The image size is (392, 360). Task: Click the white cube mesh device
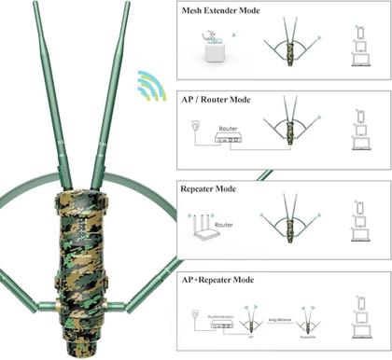click(x=216, y=49)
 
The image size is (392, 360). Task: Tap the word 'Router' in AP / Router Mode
click(x=229, y=127)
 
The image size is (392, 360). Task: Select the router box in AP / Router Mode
click(x=229, y=138)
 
